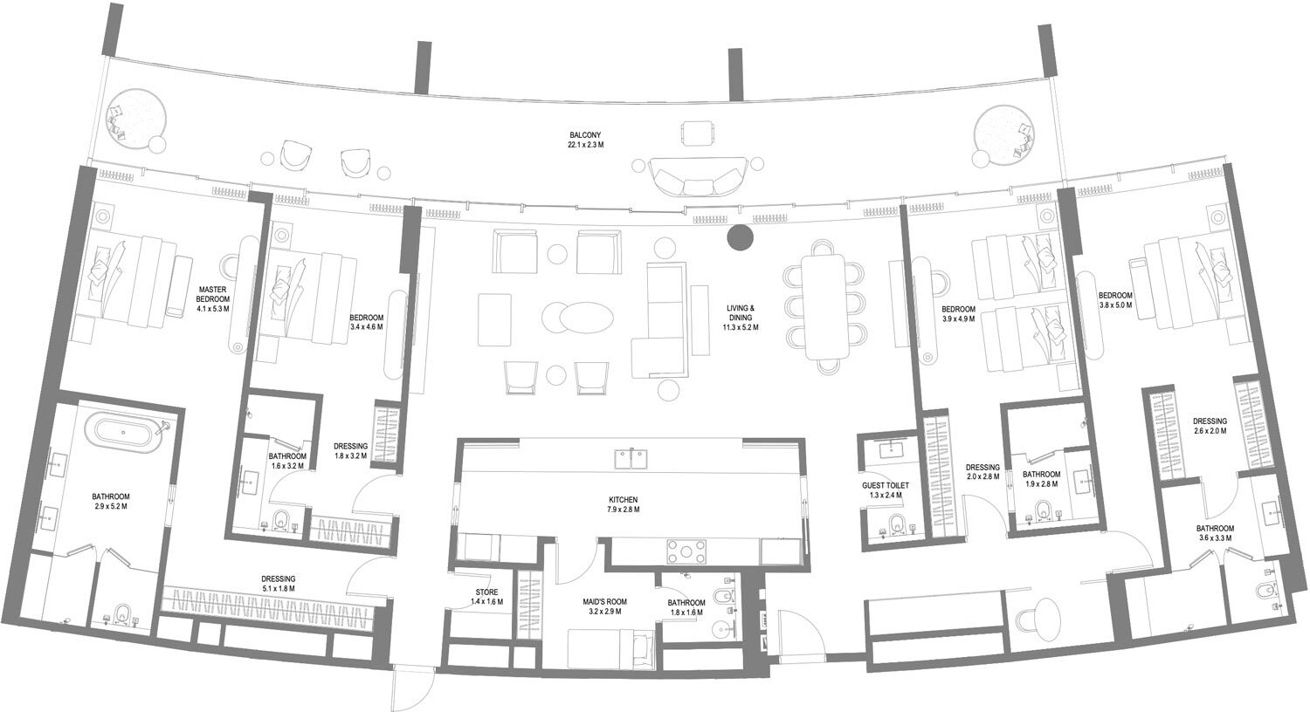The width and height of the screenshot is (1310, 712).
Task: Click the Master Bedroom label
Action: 212,298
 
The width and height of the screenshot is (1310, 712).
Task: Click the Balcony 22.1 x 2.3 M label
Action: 585,140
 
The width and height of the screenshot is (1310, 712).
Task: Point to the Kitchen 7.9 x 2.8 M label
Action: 624,505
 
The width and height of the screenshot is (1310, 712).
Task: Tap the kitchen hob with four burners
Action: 687,551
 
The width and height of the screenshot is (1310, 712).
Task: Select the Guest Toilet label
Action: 885,490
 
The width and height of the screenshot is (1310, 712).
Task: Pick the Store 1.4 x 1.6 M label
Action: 486,597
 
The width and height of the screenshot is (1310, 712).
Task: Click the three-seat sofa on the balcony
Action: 697,178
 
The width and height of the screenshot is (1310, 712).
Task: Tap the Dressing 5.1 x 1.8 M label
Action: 279,584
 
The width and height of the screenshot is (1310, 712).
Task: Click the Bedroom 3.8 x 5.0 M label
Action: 1115,300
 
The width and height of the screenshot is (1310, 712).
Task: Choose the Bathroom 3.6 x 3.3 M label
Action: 1214,533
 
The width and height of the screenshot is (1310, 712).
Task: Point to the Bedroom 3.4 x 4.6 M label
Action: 366,322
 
